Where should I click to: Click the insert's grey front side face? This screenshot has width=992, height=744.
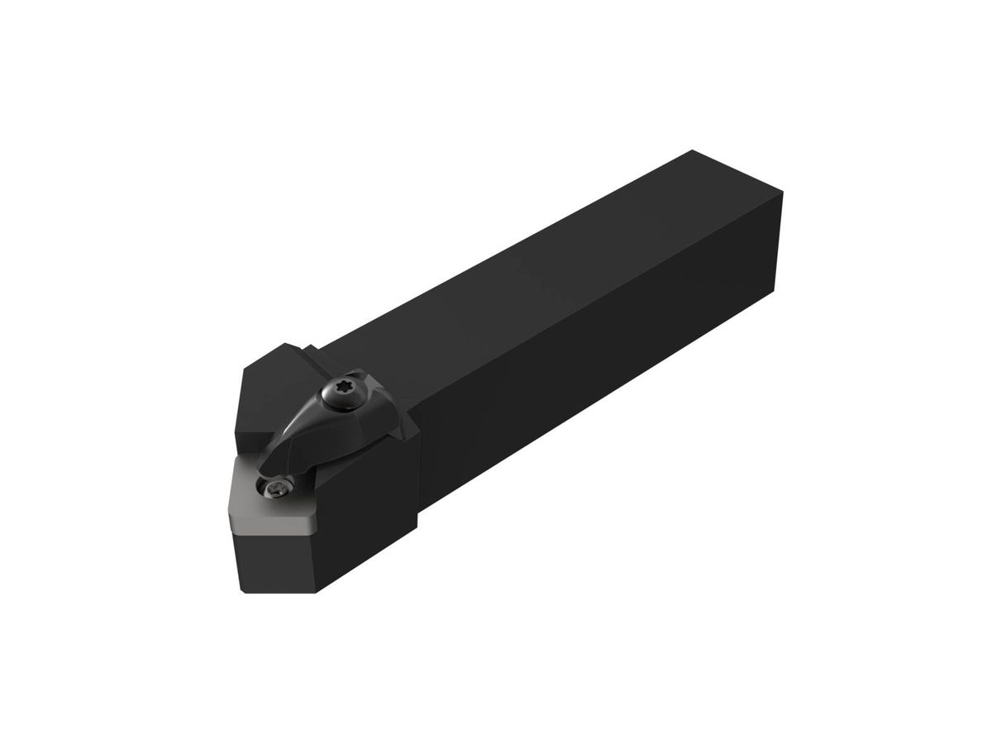click(x=273, y=526)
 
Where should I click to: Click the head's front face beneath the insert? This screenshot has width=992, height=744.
click(x=277, y=562)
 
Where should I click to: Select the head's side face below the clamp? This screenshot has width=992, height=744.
click(x=372, y=513)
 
